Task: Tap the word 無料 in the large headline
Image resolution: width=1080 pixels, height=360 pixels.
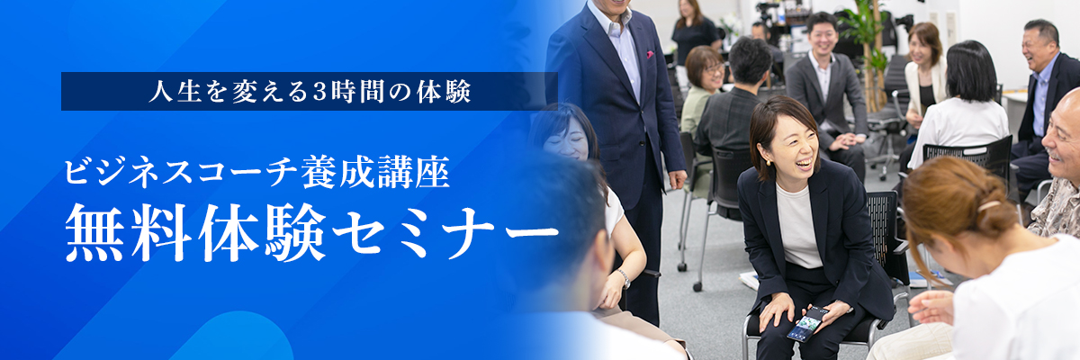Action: pos(130,231)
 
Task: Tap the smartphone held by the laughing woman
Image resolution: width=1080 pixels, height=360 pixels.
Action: pos(807,322)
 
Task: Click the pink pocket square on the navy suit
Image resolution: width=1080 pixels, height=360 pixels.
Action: pos(650,55)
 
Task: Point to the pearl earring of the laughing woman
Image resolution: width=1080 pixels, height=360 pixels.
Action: pos(769,163)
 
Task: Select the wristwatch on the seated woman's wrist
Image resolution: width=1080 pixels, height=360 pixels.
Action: pos(624,278)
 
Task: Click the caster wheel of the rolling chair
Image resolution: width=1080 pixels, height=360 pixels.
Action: pos(697,287)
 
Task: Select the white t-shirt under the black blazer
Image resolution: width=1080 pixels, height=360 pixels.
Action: pos(798,226)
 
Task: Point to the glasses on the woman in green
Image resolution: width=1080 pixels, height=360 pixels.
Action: pos(713,69)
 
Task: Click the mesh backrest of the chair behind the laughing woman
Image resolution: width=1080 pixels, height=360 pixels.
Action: pos(881,220)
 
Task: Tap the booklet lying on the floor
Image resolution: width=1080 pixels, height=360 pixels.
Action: pos(749,280)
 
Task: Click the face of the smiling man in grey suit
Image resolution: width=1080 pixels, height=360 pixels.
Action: pos(823,37)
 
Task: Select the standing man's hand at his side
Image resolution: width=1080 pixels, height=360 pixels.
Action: pos(678,179)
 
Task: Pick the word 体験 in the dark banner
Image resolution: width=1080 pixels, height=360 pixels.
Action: pos(444,92)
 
